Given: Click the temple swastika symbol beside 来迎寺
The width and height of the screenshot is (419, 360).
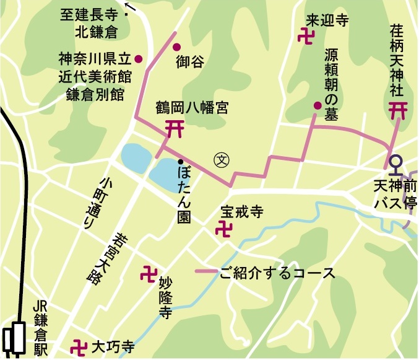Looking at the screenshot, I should [x=306, y=35].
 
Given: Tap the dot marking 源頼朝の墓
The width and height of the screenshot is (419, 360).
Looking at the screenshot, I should [x=317, y=105].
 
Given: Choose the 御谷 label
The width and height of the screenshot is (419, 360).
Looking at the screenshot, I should [x=189, y=61].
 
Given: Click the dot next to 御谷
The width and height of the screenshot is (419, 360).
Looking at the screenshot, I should [x=176, y=46].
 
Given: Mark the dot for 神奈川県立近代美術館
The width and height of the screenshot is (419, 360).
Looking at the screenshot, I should [x=139, y=59].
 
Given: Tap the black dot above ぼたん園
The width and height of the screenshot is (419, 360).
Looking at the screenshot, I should [x=180, y=162].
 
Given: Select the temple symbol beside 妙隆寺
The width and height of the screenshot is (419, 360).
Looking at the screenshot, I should [x=149, y=272].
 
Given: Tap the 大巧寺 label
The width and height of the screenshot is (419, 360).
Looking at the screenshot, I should [x=113, y=346].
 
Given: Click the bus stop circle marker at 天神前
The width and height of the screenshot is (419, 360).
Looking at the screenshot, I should [x=397, y=161].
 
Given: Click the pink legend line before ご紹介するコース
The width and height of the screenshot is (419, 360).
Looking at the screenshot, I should [x=207, y=272].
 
